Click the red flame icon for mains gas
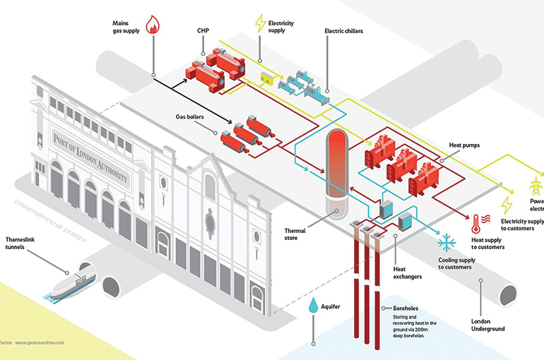[153, 26]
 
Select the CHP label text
[205, 31]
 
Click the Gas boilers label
[190, 116]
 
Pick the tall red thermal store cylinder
[338, 166]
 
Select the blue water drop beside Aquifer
[312, 305]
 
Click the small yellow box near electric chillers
[268, 77]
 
